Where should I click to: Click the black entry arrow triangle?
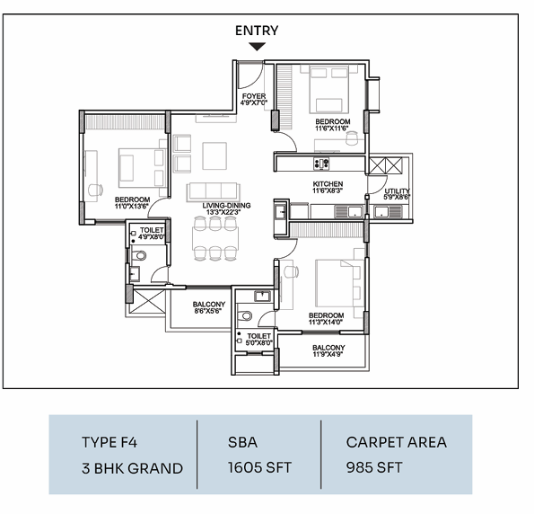click(x=257, y=47)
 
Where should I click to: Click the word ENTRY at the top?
click(x=257, y=31)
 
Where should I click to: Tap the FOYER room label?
click(x=254, y=96)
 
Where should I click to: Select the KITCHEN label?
click(x=328, y=184)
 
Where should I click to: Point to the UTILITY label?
click(x=397, y=191)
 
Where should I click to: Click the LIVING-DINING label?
click(x=226, y=206)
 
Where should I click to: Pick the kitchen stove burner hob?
click(x=321, y=163)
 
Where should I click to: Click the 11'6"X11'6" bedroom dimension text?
click(x=332, y=128)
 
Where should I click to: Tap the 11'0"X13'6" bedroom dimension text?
click(x=132, y=207)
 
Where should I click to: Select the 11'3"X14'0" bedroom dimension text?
click(x=326, y=322)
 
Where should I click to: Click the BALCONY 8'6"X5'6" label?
click(x=209, y=307)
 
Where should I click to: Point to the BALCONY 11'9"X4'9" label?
click(x=328, y=351)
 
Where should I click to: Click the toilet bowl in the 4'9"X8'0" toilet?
click(x=138, y=255)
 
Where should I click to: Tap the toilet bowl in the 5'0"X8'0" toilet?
click(x=244, y=315)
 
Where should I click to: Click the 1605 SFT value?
click(x=259, y=467)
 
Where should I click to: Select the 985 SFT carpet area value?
click(x=374, y=467)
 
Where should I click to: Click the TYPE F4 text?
click(x=109, y=442)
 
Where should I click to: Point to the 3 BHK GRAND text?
click(x=132, y=468)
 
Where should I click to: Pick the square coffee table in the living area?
click(x=214, y=155)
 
